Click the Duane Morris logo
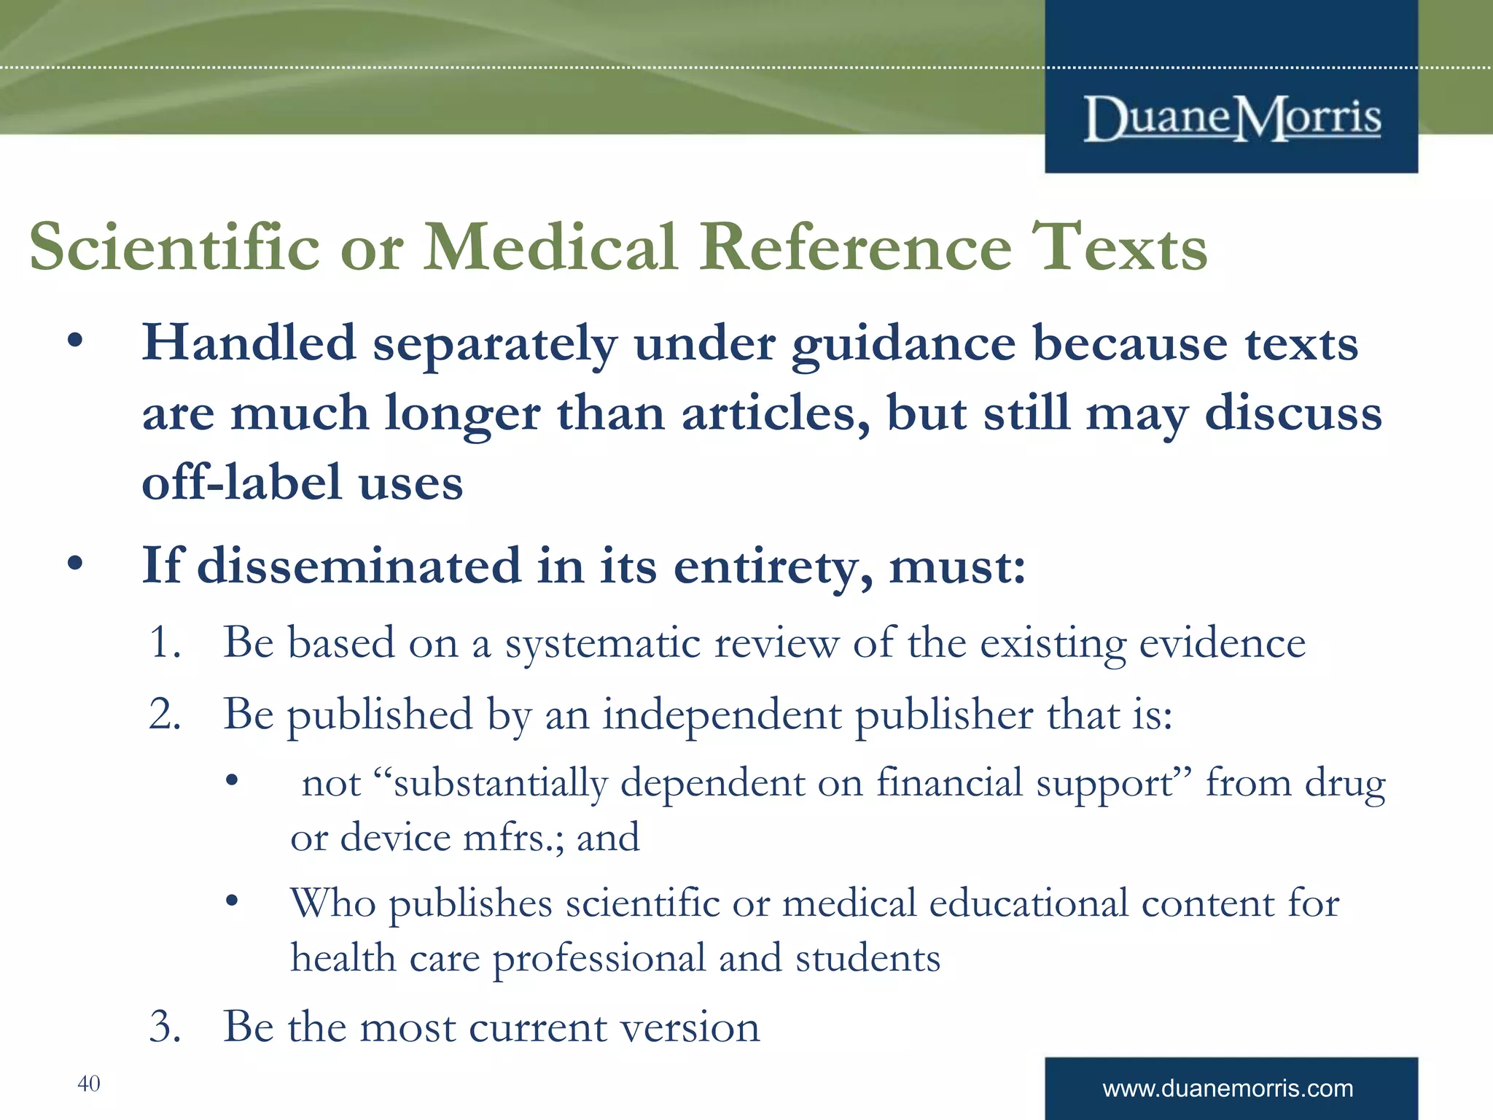(x=1232, y=118)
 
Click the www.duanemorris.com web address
(x=1228, y=1089)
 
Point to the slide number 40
(x=88, y=1084)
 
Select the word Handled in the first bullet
(x=249, y=342)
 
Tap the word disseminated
(x=359, y=566)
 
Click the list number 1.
(x=164, y=642)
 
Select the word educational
(x=1029, y=903)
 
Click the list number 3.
(x=164, y=1027)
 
